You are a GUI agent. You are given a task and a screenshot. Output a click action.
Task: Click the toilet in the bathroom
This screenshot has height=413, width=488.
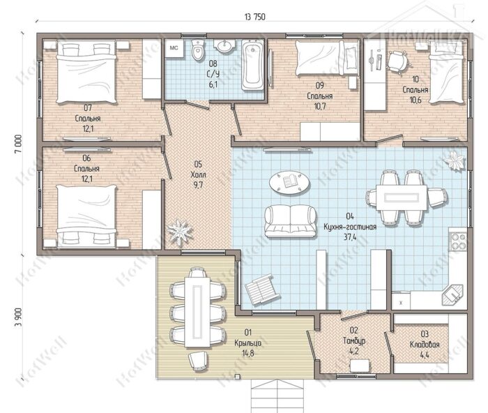pyautogui.click(x=197, y=50)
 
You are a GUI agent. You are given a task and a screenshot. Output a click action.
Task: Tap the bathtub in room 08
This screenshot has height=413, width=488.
pyautogui.click(x=252, y=65)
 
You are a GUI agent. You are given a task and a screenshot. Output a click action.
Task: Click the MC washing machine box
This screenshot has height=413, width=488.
pyautogui.click(x=174, y=48)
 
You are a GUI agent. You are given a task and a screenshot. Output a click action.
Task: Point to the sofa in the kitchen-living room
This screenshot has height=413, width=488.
pyautogui.click(x=291, y=221)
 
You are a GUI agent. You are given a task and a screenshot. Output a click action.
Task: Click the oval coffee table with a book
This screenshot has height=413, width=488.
pyautogui.click(x=289, y=183)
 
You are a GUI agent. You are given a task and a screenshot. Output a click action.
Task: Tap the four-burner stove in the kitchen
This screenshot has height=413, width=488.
pyautogui.click(x=458, y=239)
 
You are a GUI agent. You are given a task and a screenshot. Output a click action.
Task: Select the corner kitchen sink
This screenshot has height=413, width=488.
pyautogui.click(x=453, y=295)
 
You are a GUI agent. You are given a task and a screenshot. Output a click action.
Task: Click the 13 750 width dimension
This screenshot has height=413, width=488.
pyautogui.click(x=255, y=17)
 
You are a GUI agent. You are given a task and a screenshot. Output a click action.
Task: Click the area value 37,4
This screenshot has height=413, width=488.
pyautogui.click(x=350, y=237)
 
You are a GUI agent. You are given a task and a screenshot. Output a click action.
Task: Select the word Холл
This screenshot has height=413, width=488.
pyautogui.click(x=198, y=174)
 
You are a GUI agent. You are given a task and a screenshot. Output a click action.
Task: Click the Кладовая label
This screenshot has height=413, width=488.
pyautogui.click(x=425, y=345)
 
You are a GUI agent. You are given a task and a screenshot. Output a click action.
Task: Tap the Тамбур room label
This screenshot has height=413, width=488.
pyautogui.click(x=354, y=340)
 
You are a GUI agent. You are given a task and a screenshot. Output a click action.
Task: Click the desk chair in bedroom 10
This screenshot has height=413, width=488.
pyautogui.click(x=397, y=61)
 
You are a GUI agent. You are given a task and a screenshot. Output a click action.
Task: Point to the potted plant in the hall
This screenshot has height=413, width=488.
pyautogui.click(x=180, y=232)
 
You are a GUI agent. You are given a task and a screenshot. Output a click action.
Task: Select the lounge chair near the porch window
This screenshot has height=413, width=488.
pyautogui.click(x=262, y=290)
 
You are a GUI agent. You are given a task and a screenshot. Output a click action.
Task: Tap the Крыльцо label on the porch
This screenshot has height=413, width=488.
pyautogui.click(x=247, y=343)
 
